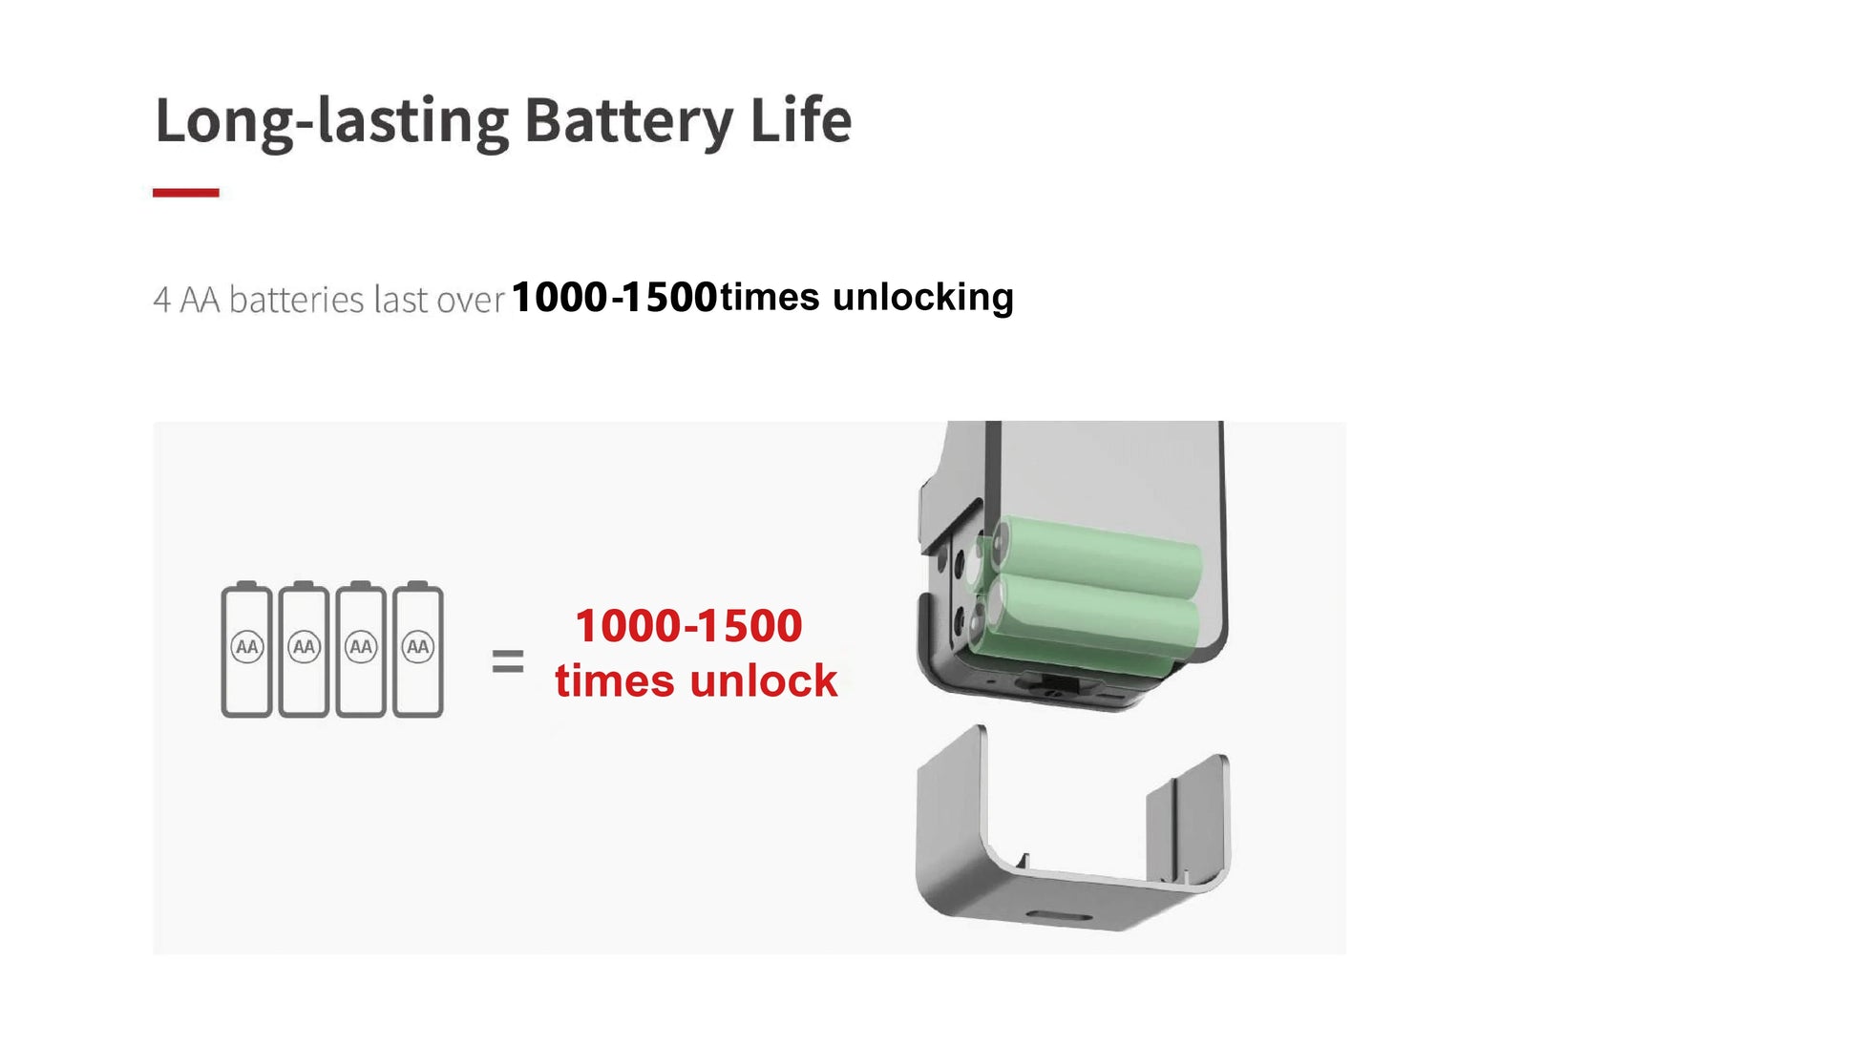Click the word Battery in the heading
coord(628,121)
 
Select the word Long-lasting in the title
coord(331,122)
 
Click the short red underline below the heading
coord(186,193)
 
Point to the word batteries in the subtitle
coord(297,300)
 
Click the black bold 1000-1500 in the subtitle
coord(615,297)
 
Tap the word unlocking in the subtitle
coord(923,298)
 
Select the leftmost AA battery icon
coord(246,649)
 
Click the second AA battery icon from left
coord(304,649)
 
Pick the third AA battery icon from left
coord(361,649)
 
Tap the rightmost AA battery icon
coord(418,649)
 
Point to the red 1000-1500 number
coord(688,626)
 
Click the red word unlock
coord(764,680)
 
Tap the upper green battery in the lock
coord(1098,556)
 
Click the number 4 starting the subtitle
coord(162,301)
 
